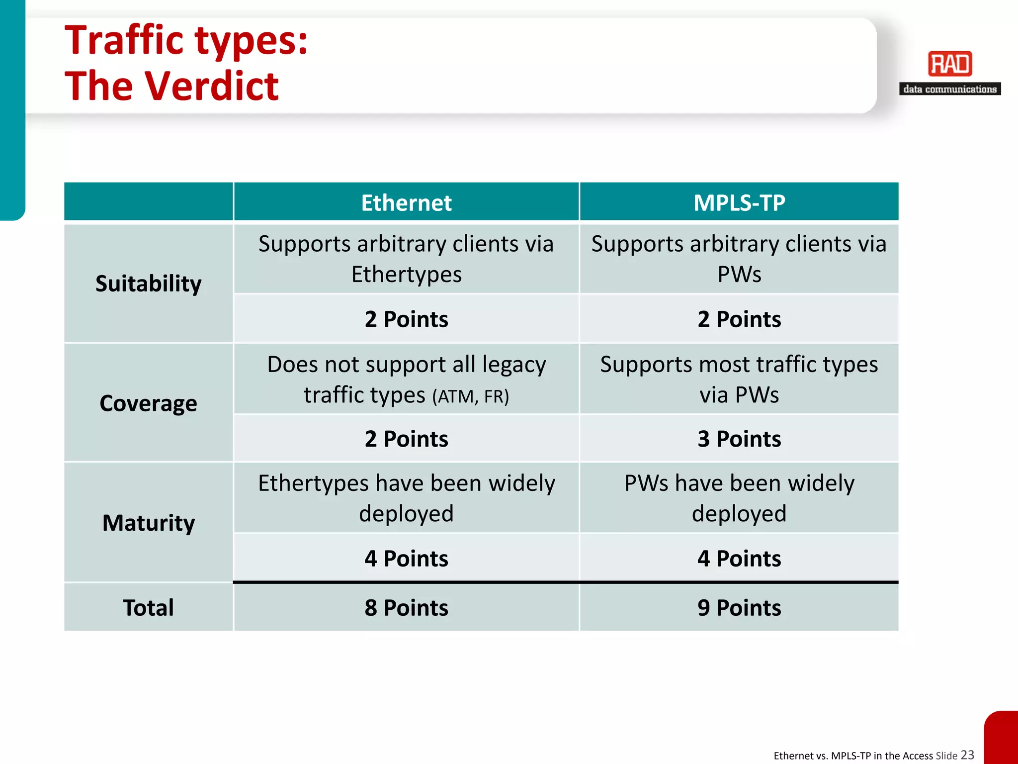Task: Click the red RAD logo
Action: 950,64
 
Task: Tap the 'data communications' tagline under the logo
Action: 950,90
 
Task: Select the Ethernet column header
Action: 406,203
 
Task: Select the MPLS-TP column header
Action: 739,203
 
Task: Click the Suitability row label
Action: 148,284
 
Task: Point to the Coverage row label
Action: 148,403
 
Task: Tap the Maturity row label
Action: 148,523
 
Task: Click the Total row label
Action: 148,608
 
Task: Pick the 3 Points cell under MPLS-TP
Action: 739,439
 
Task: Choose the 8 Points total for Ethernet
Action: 406,608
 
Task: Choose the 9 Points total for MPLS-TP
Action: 739,608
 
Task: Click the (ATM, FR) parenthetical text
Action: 470,396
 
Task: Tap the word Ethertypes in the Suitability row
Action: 406,275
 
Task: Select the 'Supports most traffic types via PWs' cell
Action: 739,379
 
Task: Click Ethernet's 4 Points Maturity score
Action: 406,559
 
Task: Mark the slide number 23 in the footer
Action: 967,755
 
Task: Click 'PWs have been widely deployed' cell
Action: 739,498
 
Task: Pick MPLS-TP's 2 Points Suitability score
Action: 739,319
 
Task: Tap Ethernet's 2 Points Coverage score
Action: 406,439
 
